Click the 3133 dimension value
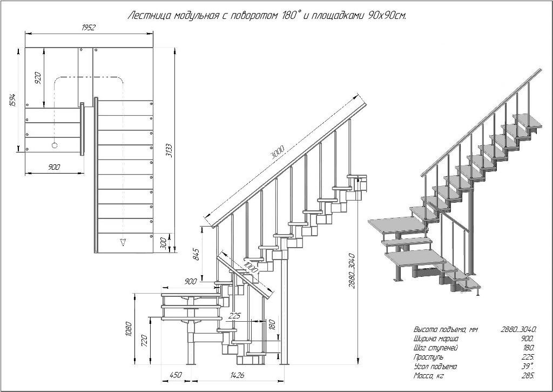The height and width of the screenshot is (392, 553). [x=170, y=149]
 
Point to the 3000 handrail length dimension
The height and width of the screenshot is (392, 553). [x=278, y=152]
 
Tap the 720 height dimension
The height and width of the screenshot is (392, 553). [x=144, y=340]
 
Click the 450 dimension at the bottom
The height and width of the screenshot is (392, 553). [x=175, y=375]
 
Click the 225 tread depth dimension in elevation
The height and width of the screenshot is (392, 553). [x=234, y=316]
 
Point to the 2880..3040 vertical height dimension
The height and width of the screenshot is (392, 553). [x=352, y=270]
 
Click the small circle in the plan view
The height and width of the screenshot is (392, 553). [x=54, y=145]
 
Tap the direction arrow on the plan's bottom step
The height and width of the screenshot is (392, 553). [x=123, y=242]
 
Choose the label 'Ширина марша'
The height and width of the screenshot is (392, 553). [x=433, y=338]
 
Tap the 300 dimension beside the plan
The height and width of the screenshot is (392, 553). [x=163, y=243]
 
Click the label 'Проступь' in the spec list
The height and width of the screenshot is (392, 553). [x=428, y=357]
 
